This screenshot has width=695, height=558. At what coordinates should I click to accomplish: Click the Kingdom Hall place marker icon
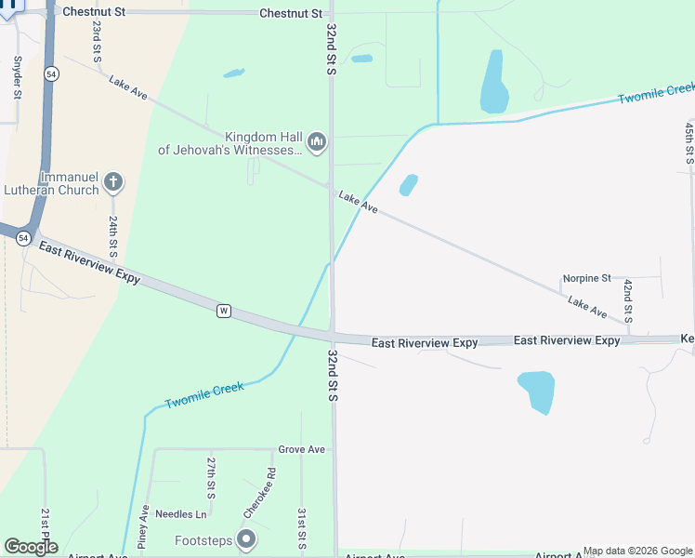pyautogui.click(x=318, y=142)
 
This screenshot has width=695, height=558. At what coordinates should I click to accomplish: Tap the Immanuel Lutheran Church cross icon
pyautogui.click(x=113, y=181)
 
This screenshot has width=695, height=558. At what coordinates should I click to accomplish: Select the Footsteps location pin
pyautogui.click(x=246, y=539)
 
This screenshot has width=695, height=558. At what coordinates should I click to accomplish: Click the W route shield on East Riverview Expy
pyautogui.click(x=223, y=310)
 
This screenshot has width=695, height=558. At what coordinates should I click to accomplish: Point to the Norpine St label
pyautogui.click(x=586, y=278)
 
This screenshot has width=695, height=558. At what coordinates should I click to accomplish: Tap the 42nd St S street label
pyautogui.click(x=628, y=300)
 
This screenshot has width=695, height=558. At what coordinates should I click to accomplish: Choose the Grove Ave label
pyautogui.click(x=302, y=449)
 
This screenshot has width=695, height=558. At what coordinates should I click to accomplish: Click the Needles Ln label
pyautogui.click(x=181, y=514)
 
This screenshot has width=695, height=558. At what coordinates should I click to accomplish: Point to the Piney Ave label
pyautogui.click(x=144, y=526)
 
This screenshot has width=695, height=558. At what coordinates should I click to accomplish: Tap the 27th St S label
pyautogui.click(x=212, y=477)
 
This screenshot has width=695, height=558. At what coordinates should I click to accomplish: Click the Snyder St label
pyautogui.click(x=17, y=77)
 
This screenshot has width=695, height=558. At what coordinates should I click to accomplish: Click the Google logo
pyautogui.click(x=31, y=547)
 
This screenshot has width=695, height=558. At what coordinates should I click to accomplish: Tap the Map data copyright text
pyautogui.click(x=638, y=551)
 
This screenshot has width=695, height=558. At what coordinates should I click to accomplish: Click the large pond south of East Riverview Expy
pyautogui.click(x=536, y=391)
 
